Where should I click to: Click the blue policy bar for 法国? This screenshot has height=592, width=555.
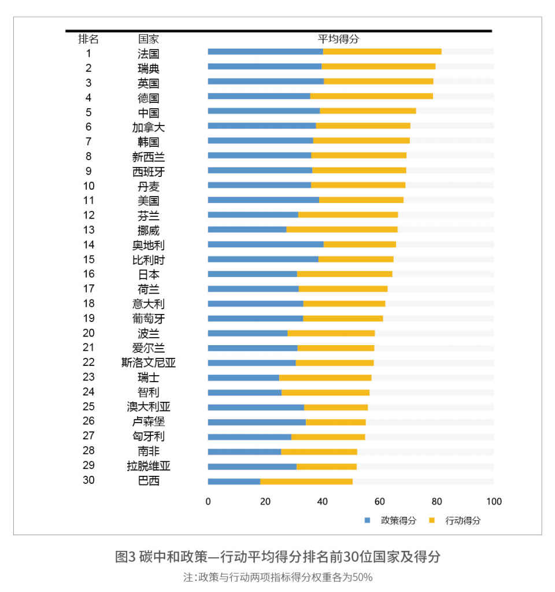[x=265, y=52]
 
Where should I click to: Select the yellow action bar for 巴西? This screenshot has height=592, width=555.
[x=306, y=481]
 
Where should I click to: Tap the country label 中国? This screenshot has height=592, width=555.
[x=149, y=113]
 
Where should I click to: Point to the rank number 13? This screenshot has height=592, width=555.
[x=88, y=230]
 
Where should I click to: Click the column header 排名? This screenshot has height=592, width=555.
[x=88, y=39]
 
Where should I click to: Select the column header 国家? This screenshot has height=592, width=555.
[x=149, y=39]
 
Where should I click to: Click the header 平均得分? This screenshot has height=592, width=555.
[x=338, y=39]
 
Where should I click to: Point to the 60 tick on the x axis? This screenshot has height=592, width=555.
[x=380, y=501]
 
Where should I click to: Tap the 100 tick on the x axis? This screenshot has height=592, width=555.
[x=494, y=501]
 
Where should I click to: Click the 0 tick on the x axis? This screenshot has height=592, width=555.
[x=208, y=501]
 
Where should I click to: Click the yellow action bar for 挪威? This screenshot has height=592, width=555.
[x=342, y=230]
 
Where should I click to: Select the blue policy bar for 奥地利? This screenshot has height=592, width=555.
[x=265, y=244]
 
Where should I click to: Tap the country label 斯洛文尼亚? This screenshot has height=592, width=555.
[x=149, y=363]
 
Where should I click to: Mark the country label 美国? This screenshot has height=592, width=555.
[x=149, y=201]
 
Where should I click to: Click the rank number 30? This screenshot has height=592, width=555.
[x=88, y=480]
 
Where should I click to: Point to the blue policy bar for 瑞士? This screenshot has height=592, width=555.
[x=243, y=378]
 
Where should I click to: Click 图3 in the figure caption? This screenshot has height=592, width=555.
[x=124, y=557]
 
